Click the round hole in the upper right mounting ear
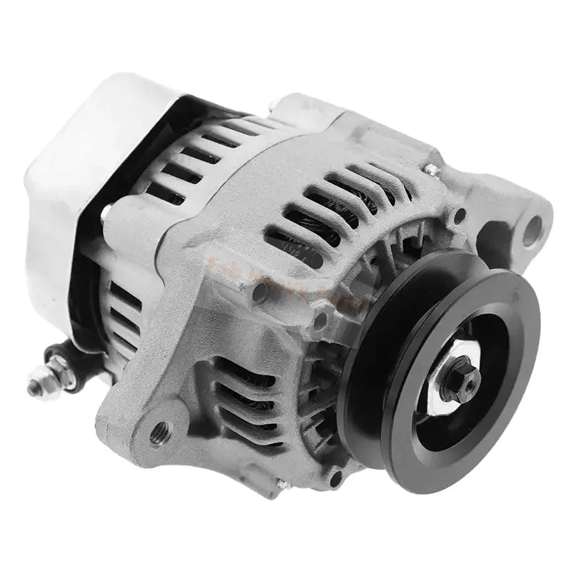(532, 229)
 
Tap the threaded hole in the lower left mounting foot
(160, 431)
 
